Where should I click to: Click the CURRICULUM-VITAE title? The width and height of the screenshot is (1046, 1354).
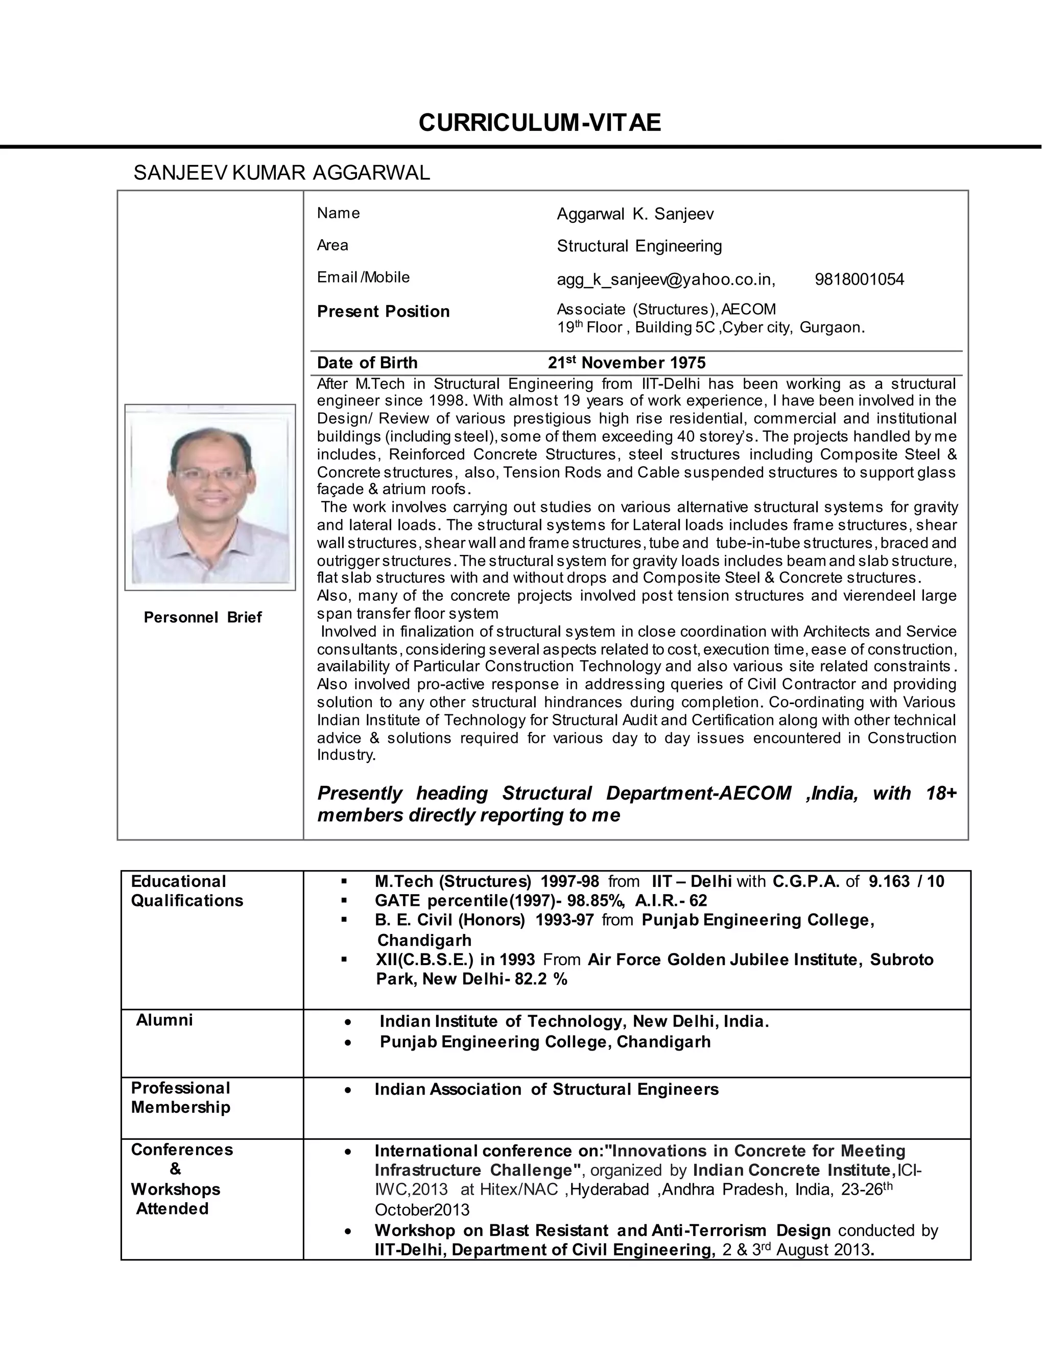tap(539, 123)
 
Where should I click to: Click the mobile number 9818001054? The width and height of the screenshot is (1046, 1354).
tap(859, 279)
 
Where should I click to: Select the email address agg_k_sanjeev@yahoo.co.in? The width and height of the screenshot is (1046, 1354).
tap(665, 279)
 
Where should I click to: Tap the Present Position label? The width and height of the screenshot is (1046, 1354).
tap(383, 311)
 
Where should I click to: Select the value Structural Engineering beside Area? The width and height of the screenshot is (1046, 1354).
tap(639, 246)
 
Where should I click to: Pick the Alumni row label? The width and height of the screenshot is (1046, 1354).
tap(164, 1020)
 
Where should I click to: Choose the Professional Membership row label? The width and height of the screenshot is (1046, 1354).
tap(180, 1098)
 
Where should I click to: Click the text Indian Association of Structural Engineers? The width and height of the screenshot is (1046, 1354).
tap(546, 1089)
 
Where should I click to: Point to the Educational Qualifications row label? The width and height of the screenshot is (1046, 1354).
tap(186, 891)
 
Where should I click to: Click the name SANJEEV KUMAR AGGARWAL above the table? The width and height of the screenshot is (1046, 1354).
tap(281, 173)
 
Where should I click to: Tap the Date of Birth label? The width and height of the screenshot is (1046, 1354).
tap(367, 363)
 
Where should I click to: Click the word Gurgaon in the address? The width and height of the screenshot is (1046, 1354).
tap(831, 328)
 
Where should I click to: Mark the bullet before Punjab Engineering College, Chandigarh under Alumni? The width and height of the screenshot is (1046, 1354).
tap(349, 1042)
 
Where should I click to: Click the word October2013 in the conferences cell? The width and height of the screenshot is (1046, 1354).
tap(422, 1209)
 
